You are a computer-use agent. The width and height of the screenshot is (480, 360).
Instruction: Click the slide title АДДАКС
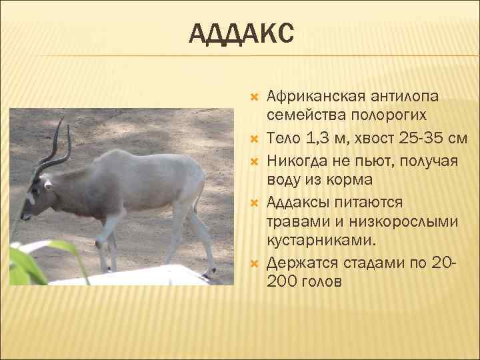click(x=241, y=34)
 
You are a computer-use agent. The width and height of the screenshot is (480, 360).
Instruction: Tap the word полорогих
click(x=387, y=116)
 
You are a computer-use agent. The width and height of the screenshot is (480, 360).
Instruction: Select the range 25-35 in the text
click(x=419, y=139)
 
